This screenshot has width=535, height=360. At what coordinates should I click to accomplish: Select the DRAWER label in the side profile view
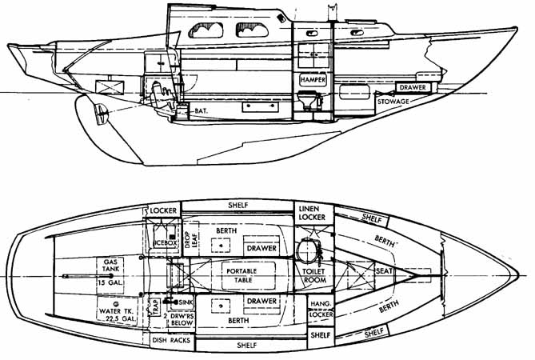[x=413, y=86]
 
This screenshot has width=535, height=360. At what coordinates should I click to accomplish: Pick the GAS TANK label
[x=108, y=266]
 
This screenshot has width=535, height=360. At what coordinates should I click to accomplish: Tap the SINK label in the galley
[x=186, y=303]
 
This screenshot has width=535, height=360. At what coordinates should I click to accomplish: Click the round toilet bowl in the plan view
[x=306, y=250]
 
